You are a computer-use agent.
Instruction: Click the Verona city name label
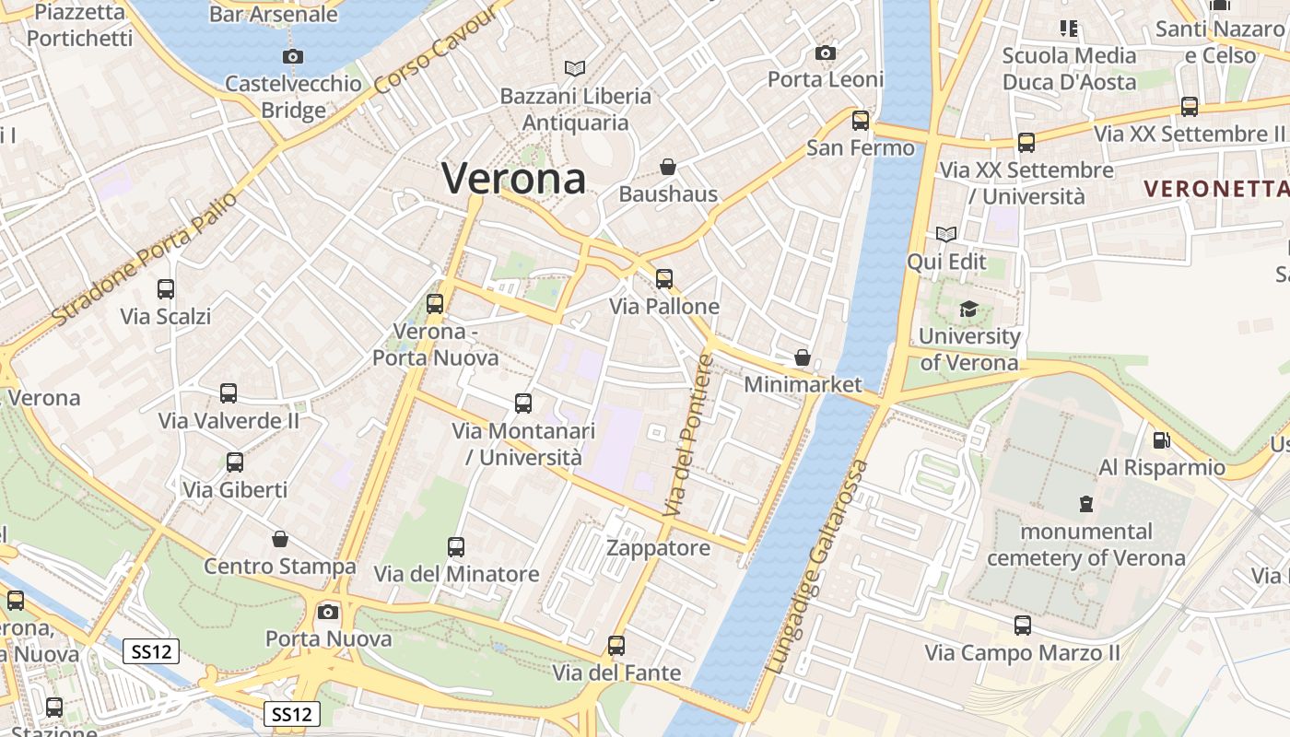click(513, 178)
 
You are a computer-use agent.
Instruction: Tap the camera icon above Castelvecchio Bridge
click(293, 56)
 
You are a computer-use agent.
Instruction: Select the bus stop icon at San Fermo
click(861, 121)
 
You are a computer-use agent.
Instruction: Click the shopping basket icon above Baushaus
click(668, 167)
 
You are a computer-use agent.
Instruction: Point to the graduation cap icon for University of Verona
click(968, 309)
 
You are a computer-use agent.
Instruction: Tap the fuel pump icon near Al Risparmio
click(1161, 440)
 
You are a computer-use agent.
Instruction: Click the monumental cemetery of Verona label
click(1086, 544)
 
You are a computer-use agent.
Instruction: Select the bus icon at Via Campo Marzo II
click(1023, 626)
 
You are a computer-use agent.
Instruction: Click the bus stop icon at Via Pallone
click(664, 278)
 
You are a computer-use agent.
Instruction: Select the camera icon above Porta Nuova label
click(328, 612)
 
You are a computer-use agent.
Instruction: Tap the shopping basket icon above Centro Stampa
click(280, 539)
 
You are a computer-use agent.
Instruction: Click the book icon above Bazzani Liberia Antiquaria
click(575, 68)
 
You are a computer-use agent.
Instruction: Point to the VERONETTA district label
click(1215, 189)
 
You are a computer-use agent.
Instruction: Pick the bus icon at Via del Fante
click(616, 646)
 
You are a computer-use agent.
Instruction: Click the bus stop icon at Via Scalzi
click(166, 289)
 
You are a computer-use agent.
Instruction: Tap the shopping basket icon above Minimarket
click(803, 357)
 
